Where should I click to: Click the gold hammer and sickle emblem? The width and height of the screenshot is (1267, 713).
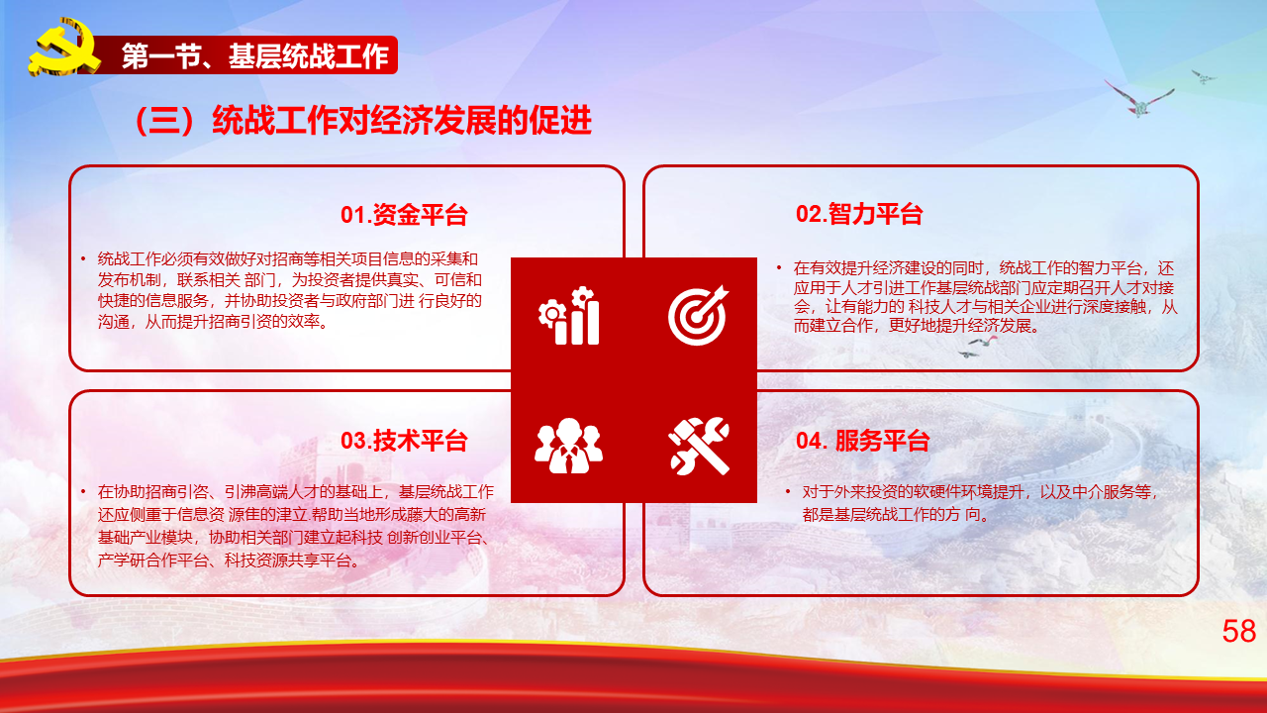tap(63, 48)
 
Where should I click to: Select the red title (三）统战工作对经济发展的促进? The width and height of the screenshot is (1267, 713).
tap(362, 120)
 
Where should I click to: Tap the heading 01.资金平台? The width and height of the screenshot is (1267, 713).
tap(404, 215)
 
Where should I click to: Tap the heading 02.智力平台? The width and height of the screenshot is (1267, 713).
tap(859, 214)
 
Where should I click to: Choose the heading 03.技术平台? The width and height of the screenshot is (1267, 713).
tap(404, 441)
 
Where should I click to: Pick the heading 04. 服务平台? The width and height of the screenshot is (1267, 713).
tap(862, 441)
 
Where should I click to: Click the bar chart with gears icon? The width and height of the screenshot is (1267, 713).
tap(569, 316)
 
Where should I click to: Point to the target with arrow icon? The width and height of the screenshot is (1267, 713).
tap(699, 316)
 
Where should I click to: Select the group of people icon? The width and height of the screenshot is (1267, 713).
tap(568, 446)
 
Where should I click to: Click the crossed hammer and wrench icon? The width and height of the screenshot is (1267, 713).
tap(699, 446)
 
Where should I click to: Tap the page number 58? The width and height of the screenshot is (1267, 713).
tap(1238, 631)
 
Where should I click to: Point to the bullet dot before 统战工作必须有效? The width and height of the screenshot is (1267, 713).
tap(83, 259)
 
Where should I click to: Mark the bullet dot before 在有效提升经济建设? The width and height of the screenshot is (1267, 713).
tap(779, 267)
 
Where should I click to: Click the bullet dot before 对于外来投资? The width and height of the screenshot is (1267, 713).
tap(788, 492)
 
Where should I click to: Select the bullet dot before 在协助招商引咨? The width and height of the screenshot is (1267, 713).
tap(83, 492)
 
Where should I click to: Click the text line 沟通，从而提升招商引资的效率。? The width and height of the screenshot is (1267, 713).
tap(213, 322)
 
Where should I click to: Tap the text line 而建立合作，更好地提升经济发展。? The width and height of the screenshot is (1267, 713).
tap(917, 326)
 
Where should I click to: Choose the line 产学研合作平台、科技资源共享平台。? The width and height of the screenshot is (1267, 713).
tap(229, 560)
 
